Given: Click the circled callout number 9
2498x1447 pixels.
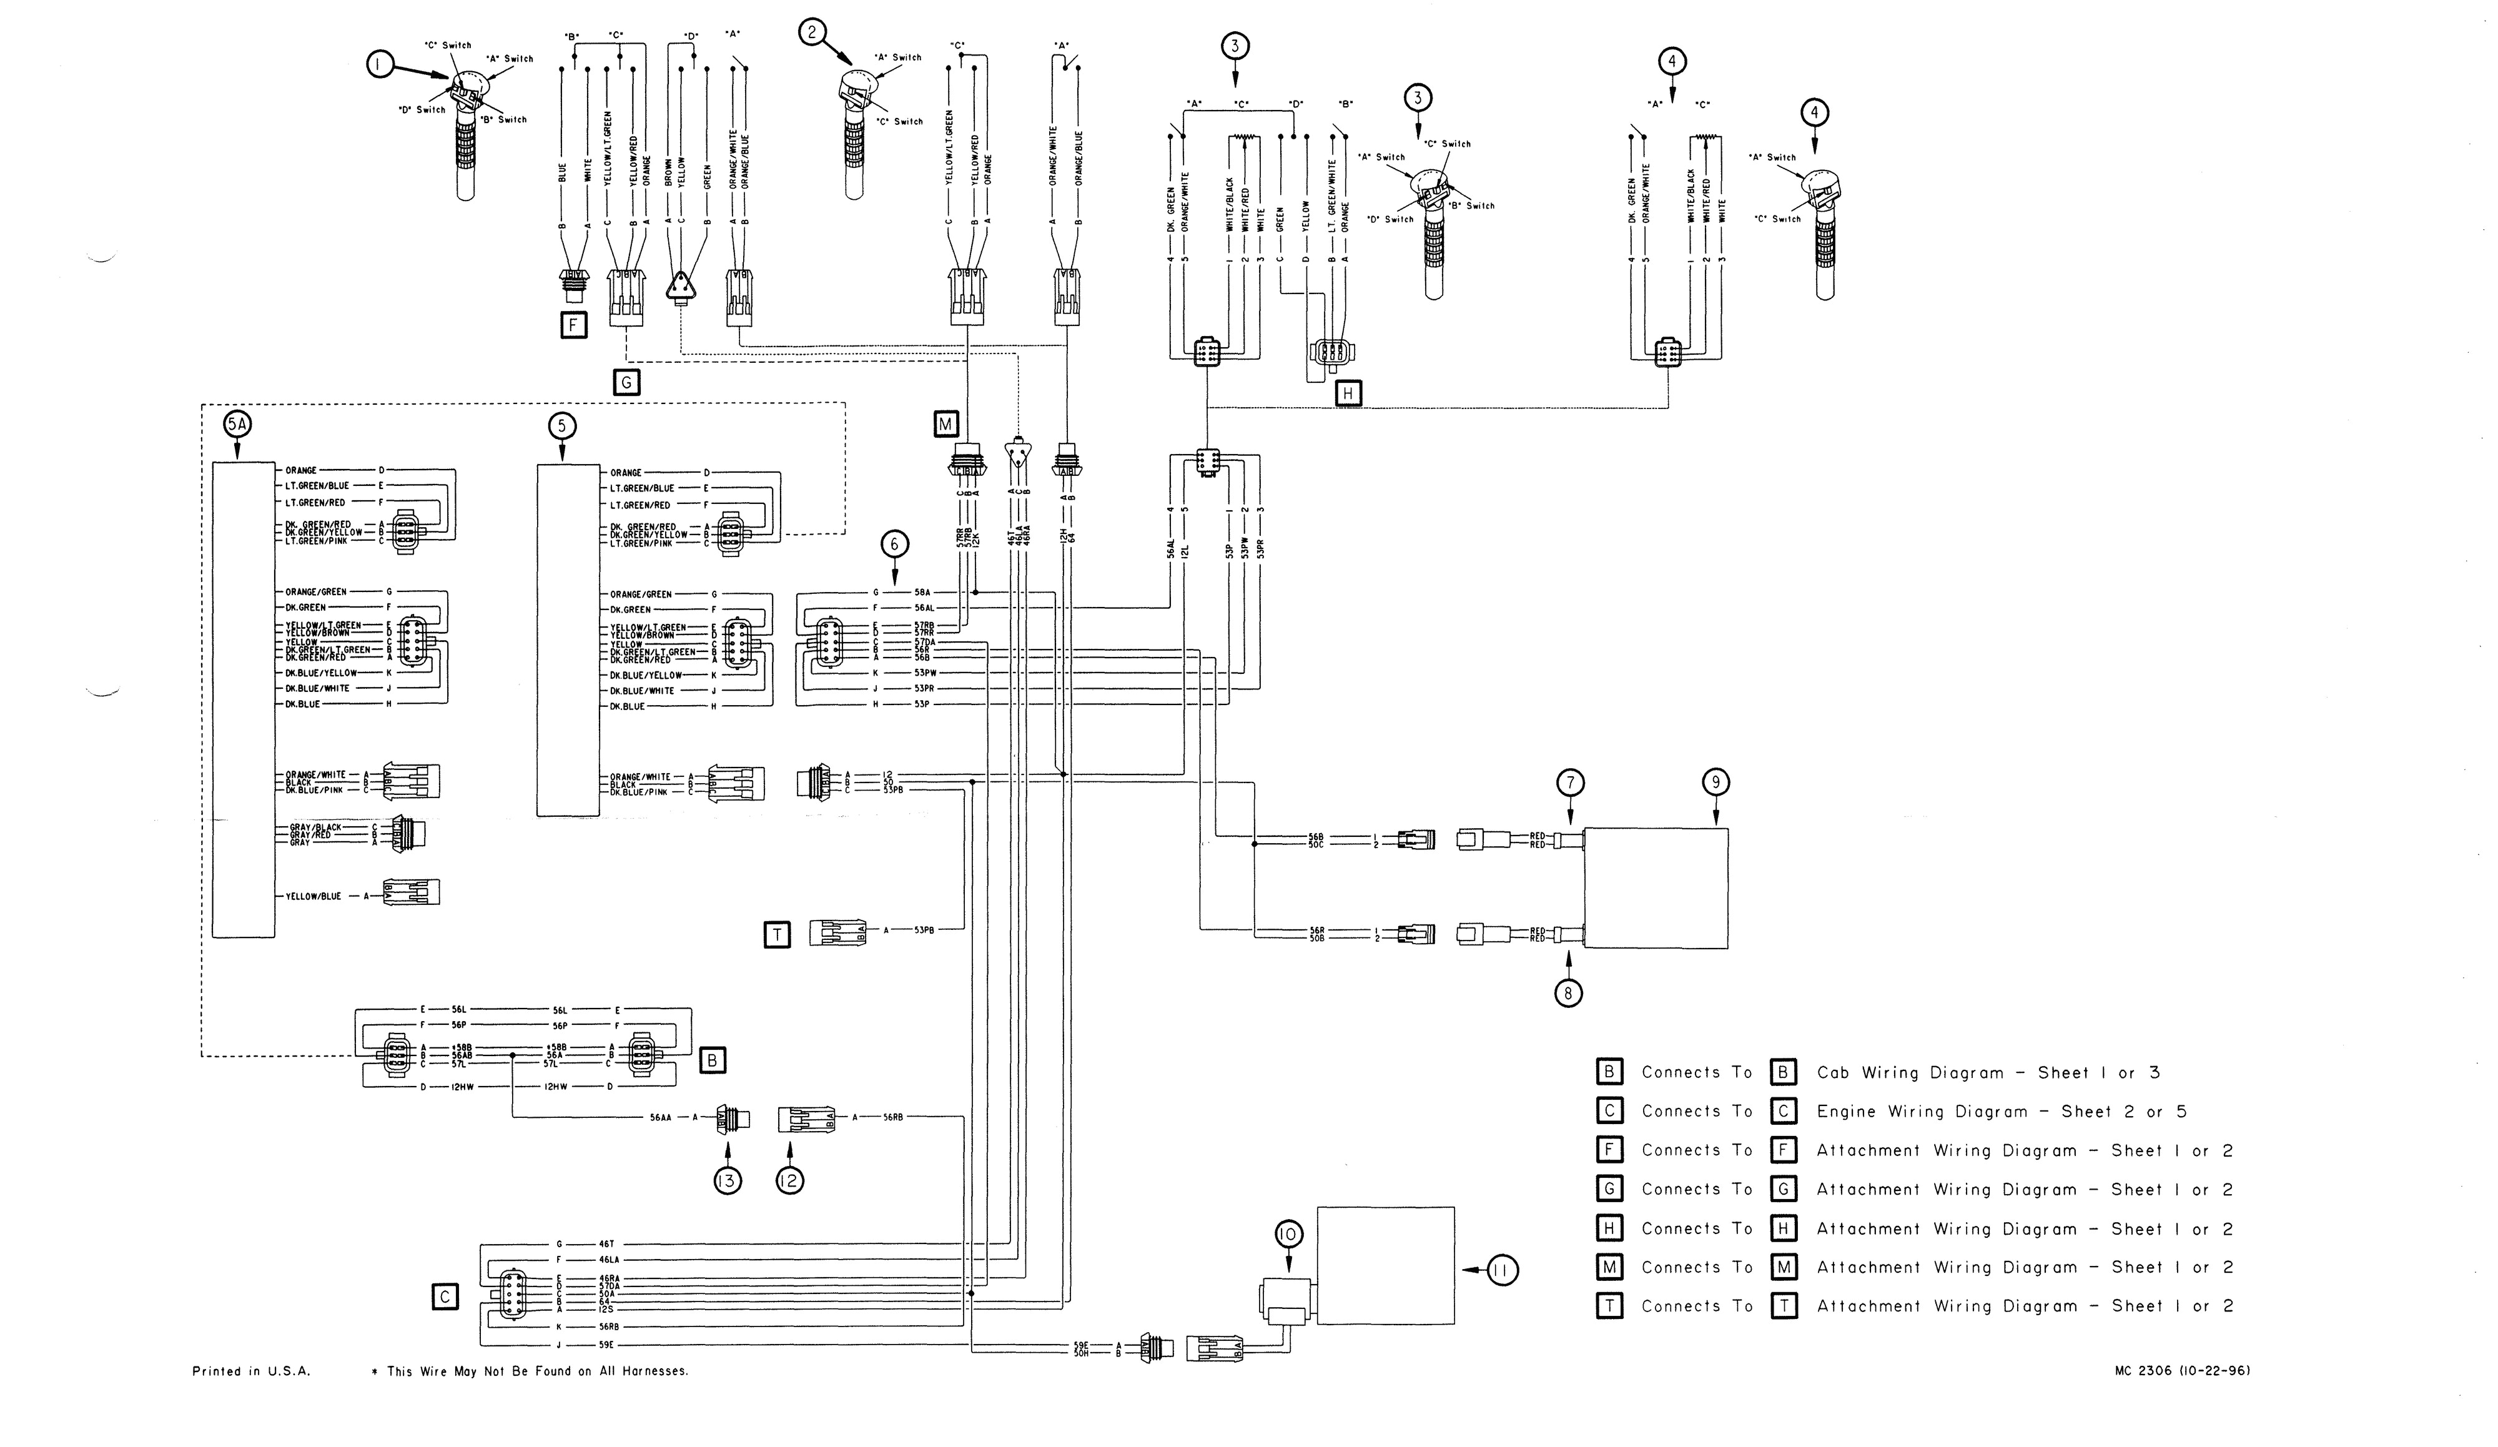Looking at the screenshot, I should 1716,783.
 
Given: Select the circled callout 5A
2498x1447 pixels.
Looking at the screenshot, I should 238,425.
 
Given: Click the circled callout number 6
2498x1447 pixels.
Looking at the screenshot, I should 894,543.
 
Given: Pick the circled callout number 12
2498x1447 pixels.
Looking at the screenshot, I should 790,1180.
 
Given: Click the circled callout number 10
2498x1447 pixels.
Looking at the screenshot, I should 1288,1234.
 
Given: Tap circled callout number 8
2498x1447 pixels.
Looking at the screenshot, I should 1569,992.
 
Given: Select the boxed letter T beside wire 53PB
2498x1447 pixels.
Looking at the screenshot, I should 777,935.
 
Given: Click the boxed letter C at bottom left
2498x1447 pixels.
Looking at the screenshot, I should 445,1296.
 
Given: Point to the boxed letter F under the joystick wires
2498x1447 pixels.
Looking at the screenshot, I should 574,325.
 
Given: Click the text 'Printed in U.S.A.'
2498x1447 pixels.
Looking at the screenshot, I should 251,1371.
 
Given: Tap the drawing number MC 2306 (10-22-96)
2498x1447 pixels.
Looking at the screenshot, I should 2181,1371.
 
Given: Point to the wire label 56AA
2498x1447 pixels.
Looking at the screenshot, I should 660,1117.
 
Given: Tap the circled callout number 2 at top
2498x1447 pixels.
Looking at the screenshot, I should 813,32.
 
